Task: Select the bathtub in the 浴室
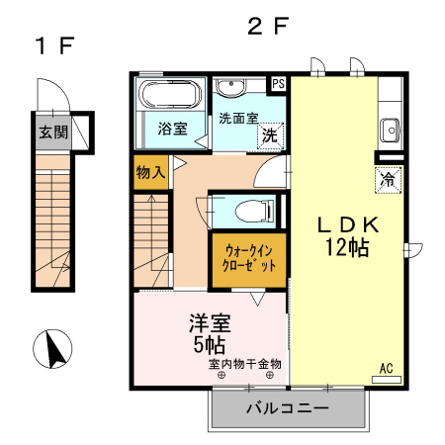pos(170,98)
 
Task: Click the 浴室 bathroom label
pos(172,129)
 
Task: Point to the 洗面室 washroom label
pos(239,117)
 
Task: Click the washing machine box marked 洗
pos(268,136)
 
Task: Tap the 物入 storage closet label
pos(149,173)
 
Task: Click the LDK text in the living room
pos(347,224)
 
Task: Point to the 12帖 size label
pos(347,248)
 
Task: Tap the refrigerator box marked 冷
pos(390,182)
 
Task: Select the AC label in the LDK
pos(387,369)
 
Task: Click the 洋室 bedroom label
pos(209,322)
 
